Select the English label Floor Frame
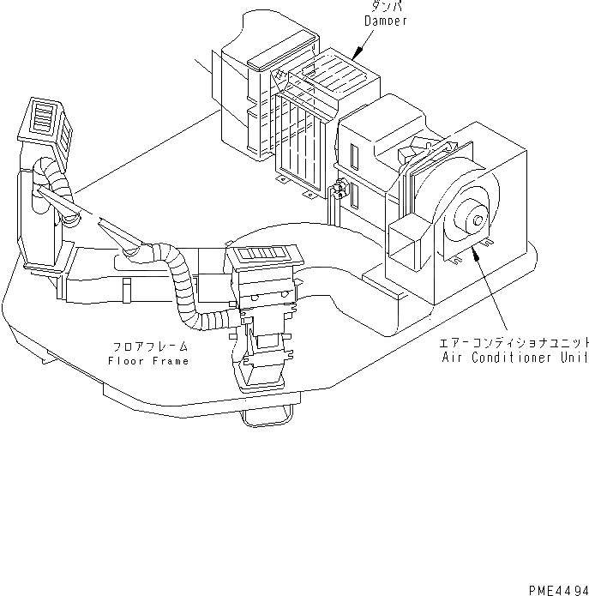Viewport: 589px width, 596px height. pos(148,361)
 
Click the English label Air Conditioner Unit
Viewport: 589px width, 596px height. pos(514,357)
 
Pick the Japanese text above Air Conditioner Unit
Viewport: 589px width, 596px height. pos(514,342)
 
